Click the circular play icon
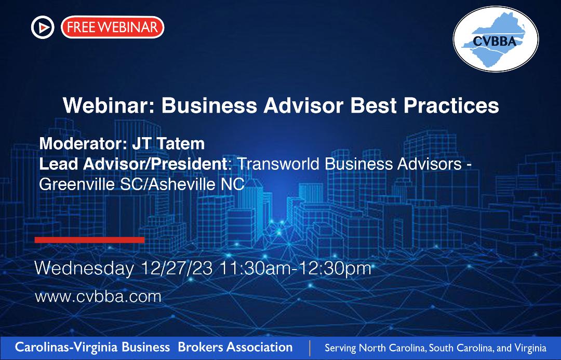43,27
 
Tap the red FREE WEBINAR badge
112,27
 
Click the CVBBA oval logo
496,39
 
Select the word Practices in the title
451,105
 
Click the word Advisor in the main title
303,105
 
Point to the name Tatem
181,143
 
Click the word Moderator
83,143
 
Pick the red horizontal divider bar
89,240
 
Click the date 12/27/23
177,269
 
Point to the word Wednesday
84,269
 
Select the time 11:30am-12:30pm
295,269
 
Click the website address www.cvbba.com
98,297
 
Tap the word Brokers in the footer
200,347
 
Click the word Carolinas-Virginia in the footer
66,347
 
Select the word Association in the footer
259,347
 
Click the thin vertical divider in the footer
310,348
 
